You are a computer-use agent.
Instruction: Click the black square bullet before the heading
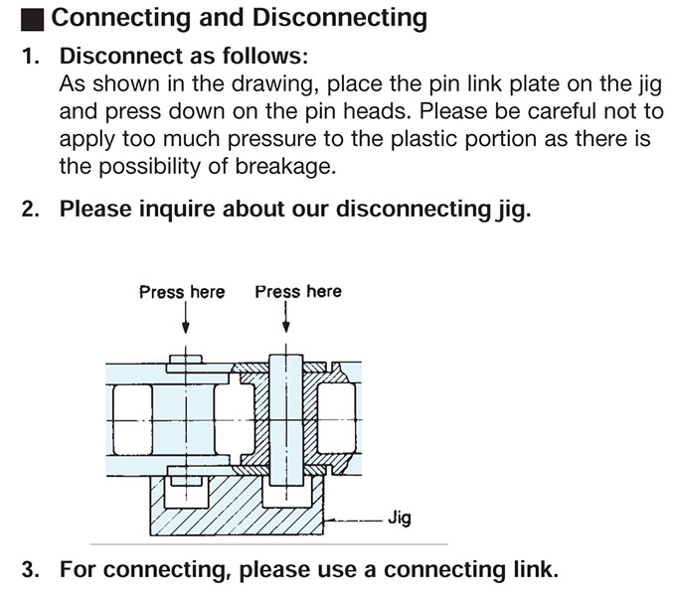pyautogui.click(x=36, y=18)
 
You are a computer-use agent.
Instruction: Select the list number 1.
pyautogui.click(x=30, y=57)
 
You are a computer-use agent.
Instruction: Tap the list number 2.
pyautogui.click(x=30, y=210)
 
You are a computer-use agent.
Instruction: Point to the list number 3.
pyautogui.click(x=30, y=570)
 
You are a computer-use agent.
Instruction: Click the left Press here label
pyautogui.click(x=182, y=292)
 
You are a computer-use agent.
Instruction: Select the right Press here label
pyautogui.click(x=297, y=291)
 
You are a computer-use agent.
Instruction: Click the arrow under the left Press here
pyautogui.click(x=186, y=328)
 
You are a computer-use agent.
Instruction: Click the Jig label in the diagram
pyautogui.click(x=399, y=518)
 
